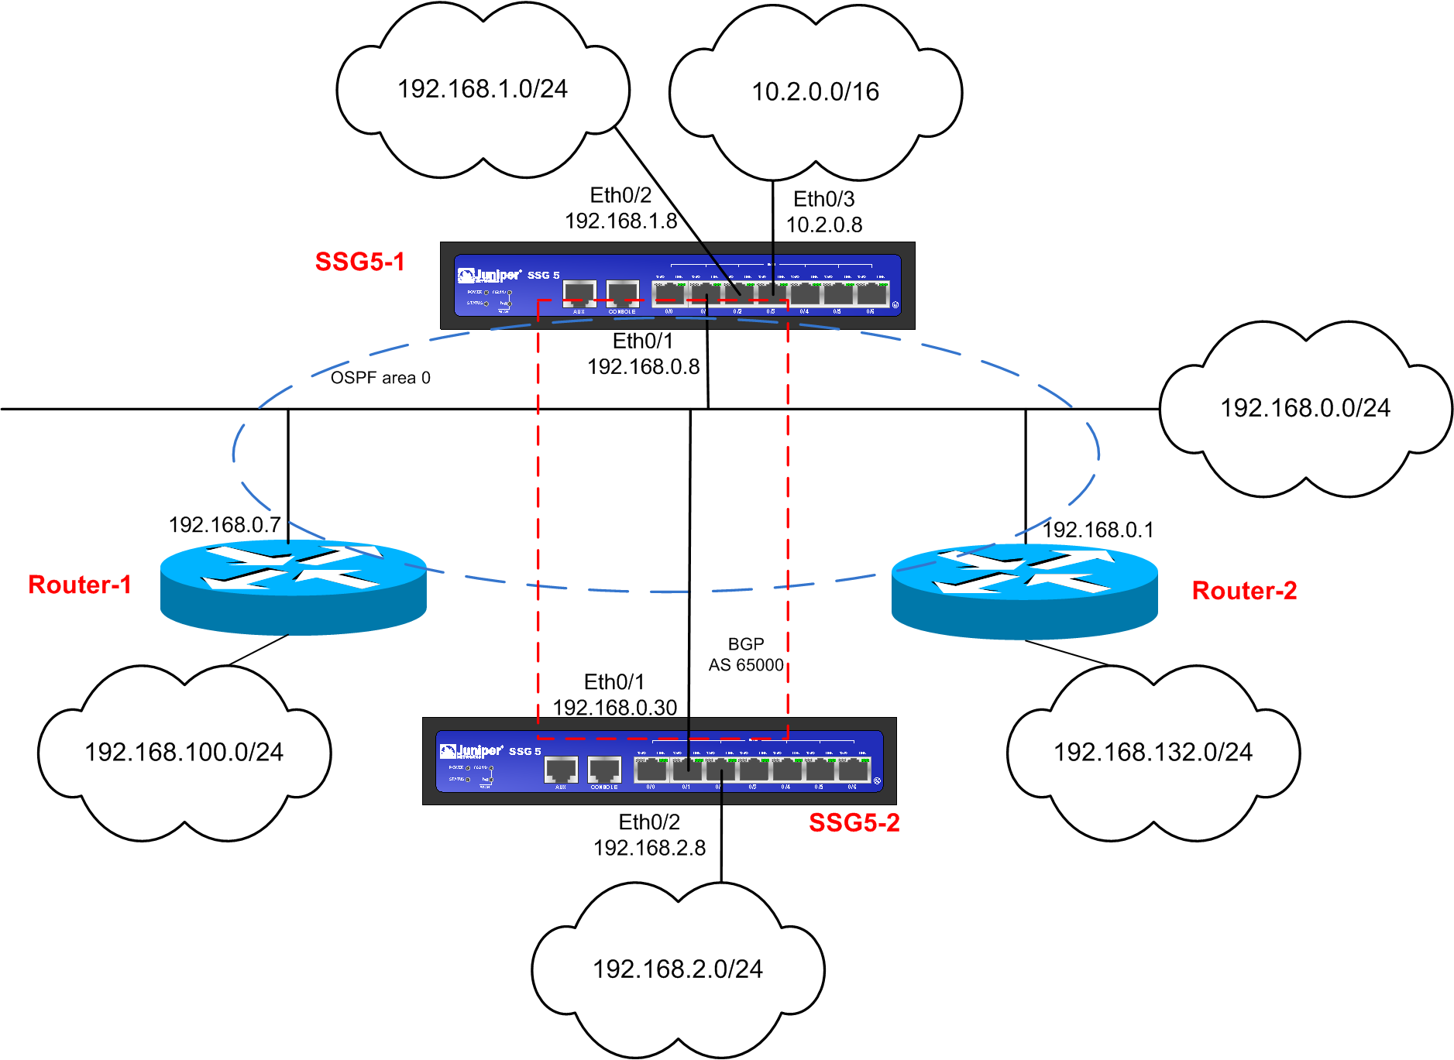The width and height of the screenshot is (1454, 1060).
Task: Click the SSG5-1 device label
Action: pyautogui.click(x=360, y=262)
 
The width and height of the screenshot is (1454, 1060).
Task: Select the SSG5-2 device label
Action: pyautogui.click(x=854, y=822)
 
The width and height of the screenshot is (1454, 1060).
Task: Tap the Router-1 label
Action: pyautogui.click(x=80, y=585)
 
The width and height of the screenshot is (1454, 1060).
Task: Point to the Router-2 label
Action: pyautogui.click(x=1244, y=591)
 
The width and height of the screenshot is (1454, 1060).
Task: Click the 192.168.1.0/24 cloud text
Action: pyautogui.click(x=483, y=89)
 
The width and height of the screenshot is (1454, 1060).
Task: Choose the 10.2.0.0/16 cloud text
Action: pyautogui.click(x=815, y=92)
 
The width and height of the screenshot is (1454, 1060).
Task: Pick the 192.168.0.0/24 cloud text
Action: pyautogui.click(x=1305, y=408)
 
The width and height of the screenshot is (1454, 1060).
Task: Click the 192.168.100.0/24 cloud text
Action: pyautogui.click(x=184, y=752)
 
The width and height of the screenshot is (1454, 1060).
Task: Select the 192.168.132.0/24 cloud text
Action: pyautogui.click(x=1153, y=752)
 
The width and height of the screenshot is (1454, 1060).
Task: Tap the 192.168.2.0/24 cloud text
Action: pyautogui.click(x=678, y=969)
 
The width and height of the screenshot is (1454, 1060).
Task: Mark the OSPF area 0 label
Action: pyautogui.click(x=380, y=378)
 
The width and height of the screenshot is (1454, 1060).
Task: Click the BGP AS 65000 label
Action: pyautogui.click(x=746, y=655)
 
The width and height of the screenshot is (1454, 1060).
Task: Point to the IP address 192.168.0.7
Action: pyautogui.click(x=225, y=525)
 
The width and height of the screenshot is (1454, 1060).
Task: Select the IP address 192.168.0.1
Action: pyautogui.click(x=1098, y=530)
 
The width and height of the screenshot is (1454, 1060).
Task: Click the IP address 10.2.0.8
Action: pyautogui.click(x=824, y=225)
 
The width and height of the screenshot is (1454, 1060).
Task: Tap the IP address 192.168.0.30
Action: pyautogui.click(x=615, y=708)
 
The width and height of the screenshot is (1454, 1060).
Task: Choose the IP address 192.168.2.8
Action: pyautogui.click(x=649, y=849)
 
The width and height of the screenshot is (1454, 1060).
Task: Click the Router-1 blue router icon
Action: pyautogui.click(x=293, y=587)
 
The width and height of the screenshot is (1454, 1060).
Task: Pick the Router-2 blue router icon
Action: pyautogui.click(x=1024, y=591)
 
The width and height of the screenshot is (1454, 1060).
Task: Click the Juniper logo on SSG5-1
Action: pyautogui.click(x=490, y=275)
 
